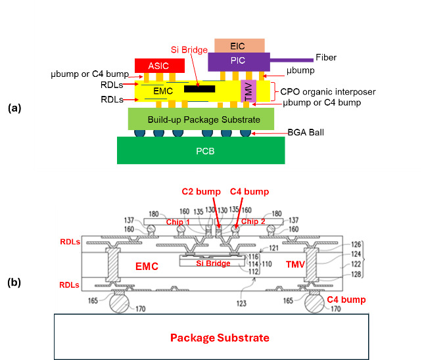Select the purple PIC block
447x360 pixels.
click(x=238, y=62)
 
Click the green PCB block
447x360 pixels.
click(x=201, y=150)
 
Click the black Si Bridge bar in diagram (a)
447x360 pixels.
click(x=199, y=88)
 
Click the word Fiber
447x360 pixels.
click(x=327, y=58)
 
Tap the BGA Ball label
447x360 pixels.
click(x=306, y=132)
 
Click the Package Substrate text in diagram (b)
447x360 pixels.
click(x=220, y=338)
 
